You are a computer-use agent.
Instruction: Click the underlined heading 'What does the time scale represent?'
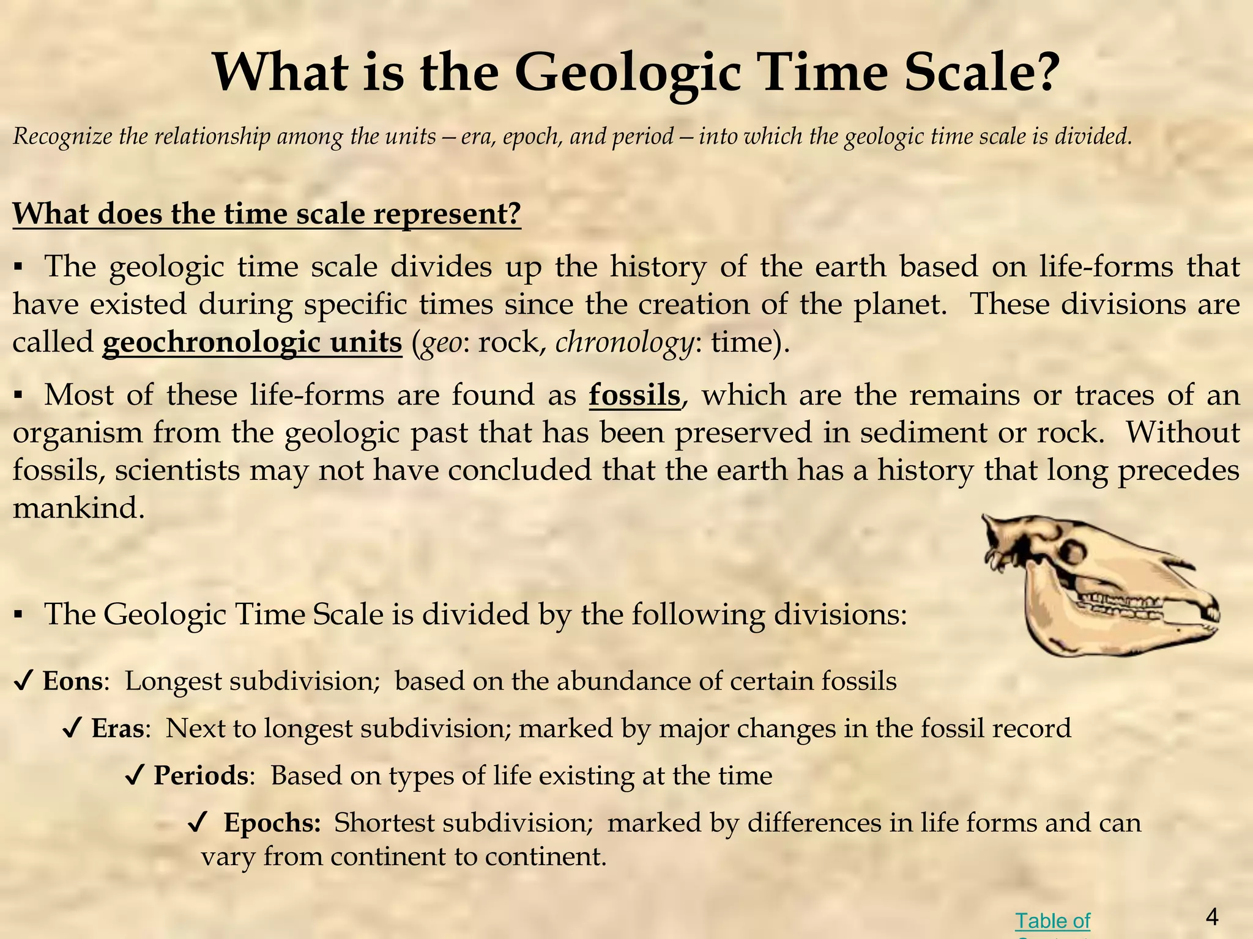point(267,214)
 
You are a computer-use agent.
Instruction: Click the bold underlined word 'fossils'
point(635,395)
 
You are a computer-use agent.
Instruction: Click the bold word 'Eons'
point(72,681)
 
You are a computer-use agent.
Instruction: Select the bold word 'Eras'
point(117,728)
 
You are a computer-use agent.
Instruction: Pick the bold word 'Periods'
point(201,775)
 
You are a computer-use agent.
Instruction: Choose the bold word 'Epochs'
point(272,823)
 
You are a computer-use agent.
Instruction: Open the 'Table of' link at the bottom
point(1052,921)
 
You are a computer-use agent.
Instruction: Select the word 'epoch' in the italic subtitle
point(536,136)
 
